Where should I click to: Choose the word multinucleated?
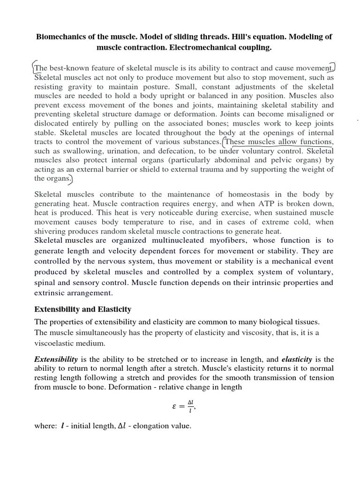(x=187, y=240)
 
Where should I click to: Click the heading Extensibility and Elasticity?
(x=83, y=309)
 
